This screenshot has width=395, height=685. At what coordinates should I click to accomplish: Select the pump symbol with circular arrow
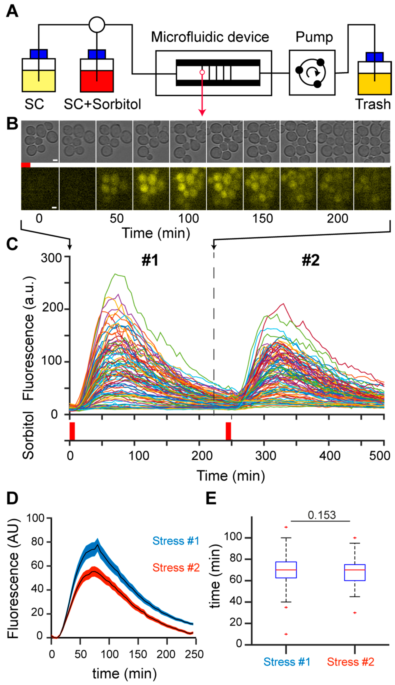click(312, 73)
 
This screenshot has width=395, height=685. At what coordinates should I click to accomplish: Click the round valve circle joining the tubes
click(97, 25)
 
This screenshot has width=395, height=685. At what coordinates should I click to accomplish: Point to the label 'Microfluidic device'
click(210, 37)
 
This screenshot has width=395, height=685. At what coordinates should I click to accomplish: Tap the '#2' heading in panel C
click(311, 260)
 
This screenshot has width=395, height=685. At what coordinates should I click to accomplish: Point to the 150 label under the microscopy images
click(263, 218)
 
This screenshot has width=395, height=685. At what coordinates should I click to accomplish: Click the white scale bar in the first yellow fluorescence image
click(54, 208)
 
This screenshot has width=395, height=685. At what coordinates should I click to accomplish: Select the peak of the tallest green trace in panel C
click(116, 274)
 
